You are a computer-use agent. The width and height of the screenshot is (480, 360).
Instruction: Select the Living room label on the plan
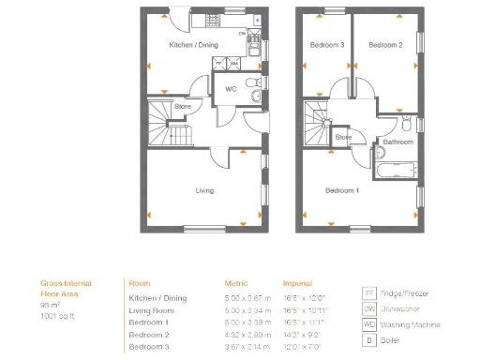tap(204, 190)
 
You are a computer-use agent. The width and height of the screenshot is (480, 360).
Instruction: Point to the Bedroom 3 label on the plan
tap(328, 45)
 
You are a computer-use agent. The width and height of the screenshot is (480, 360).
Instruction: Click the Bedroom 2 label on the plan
tap(385, 45)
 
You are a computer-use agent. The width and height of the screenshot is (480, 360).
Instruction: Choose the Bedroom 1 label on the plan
tap(341, 190)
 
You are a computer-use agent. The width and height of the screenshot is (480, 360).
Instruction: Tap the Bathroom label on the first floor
tap(397, 142)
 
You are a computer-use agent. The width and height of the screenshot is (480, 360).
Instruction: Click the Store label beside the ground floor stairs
tap(183, 106)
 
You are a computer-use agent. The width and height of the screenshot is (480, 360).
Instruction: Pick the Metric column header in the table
tap(235, 282)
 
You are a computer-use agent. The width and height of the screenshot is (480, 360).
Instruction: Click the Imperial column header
tap(298, 282)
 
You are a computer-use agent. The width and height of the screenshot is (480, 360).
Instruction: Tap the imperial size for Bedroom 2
tap(304, 335)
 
